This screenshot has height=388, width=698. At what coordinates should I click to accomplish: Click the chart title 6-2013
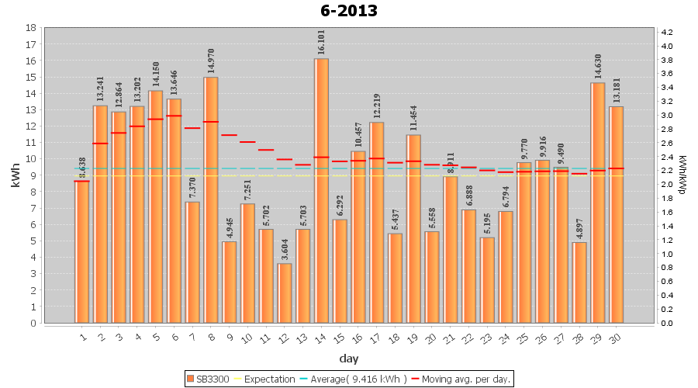349,11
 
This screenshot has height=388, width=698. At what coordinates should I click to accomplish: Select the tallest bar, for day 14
321,190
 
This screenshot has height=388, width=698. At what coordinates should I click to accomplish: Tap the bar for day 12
285,293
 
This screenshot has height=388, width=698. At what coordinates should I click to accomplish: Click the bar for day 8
211,199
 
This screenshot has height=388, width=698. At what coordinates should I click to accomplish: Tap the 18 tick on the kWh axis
30,28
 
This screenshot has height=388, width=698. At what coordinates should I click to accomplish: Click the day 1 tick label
82,337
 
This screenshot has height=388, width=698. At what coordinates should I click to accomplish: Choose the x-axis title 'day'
348,358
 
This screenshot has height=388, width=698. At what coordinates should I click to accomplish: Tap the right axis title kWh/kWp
682,175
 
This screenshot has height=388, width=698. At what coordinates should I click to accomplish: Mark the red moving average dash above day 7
192,128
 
